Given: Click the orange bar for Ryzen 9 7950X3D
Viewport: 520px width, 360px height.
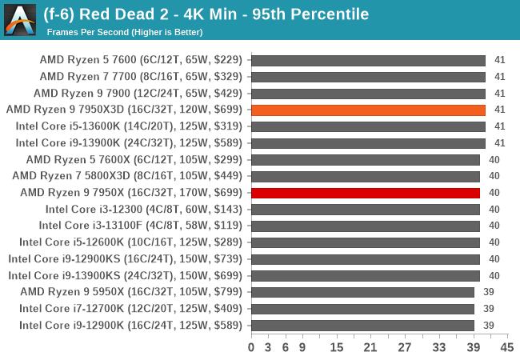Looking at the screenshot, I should pyautogui.click(x=368, y=110).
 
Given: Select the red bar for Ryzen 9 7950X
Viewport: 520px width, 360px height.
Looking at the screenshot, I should pyautogui.click(x=366, y=193).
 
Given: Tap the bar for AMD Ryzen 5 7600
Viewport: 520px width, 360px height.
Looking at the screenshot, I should pyautogui.click(x=368, y=60).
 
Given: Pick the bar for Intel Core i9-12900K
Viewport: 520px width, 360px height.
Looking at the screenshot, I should pyautogui.click(x=362, y=325).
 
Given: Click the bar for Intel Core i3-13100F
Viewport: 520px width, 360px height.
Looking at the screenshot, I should pyautogui.click(x=366, y=226).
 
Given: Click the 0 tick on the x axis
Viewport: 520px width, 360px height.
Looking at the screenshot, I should pyautogui.click(x=251, y=347).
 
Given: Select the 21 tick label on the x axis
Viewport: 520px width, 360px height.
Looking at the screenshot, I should pyautogui.click(x=370, y=347).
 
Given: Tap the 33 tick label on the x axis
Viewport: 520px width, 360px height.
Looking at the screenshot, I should pyautogui.click(x=438, y=347).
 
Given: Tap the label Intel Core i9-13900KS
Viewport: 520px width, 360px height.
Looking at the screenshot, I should pyautogui.click(x=126, y=275).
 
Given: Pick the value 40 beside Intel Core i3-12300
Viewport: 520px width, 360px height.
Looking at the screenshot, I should pyautogui.click(x=494, y=209).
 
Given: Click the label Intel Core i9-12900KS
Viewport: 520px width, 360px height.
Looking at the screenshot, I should pyautogui.click(x=126, y=259).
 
